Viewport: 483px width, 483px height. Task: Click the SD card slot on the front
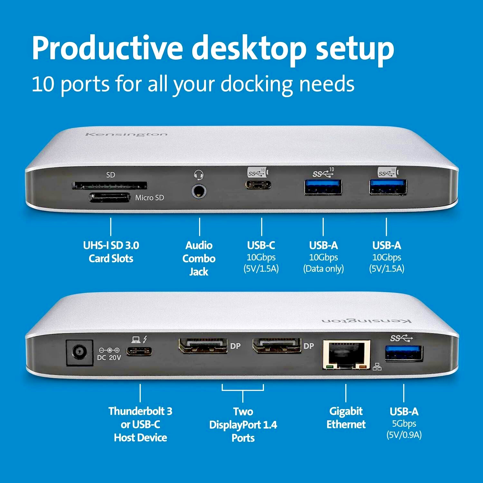coord(109,185)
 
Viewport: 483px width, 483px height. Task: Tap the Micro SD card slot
coord(109,197)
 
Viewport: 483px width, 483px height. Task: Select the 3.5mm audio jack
coord(199,191)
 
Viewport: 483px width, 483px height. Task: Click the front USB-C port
coord(259,185)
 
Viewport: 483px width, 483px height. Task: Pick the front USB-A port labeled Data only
coord(323,188)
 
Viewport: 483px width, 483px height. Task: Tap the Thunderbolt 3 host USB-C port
coord(139,351)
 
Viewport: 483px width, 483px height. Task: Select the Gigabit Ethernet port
coord(346,354)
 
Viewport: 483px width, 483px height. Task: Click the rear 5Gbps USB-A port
coord(404,353)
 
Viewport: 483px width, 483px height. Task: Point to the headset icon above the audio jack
coord(199,175)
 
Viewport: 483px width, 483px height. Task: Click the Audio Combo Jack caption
coord(199,259)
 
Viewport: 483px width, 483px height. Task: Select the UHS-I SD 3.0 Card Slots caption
coord(111,252)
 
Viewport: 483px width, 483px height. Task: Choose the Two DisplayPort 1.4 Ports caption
coord(243,424)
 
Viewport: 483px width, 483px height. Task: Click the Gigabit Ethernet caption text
coord(346,418)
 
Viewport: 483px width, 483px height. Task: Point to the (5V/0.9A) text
coord(404,435)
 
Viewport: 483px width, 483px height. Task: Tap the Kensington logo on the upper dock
coord(126,134)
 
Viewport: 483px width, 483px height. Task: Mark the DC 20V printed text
coord(109,357)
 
